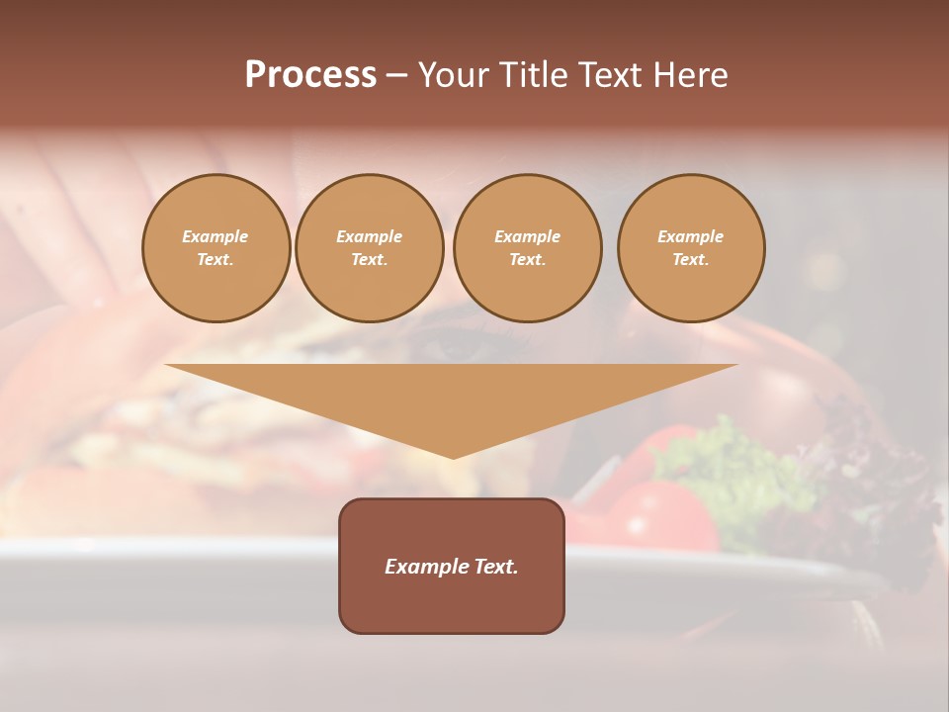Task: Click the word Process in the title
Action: click(310, 75)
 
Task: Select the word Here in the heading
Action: click(690, 75)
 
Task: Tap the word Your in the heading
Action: click(452, 75)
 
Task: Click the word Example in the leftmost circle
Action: click(216, 236)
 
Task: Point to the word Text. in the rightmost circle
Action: click(690, 259)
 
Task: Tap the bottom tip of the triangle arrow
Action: click(453, 456)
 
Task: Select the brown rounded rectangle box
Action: click(452, 603)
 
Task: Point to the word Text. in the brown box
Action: click(496, 567)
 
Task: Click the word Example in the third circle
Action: click(527, 236)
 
